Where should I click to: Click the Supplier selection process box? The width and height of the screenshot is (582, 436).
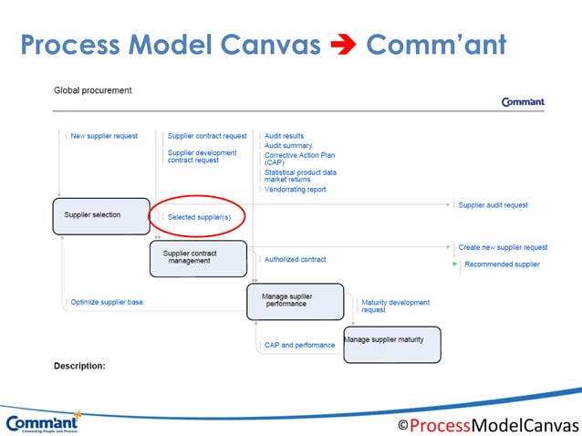pyautogui.click(x=99, y=215)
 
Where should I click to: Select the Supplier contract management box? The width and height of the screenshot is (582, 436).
pyautogui.click(x=198, y=258)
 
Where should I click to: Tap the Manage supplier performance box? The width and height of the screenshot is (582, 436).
pyautogui.click(x=295, y=301)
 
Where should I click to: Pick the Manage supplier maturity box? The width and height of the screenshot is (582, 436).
pyautogui.click(x=391, y=343)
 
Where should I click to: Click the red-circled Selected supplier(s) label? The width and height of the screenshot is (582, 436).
pyautogui.click(x=199, y=217)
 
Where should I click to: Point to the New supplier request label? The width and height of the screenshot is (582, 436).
pyautogui.click(x=104, y=136)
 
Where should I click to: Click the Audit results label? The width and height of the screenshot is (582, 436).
pyautogui.click(x=284, y=136)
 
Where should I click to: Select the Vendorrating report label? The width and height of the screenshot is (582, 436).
pyautogui.click(x=295, y=190)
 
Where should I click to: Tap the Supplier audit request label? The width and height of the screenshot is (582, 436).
pyautogui.click(x=493, y=205)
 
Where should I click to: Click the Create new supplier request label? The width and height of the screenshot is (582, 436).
pyautogui.click(x=503, y=247)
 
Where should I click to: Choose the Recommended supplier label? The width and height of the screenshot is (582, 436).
pyautogui.click(x=502, y=265)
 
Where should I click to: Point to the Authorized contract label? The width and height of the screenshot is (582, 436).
pyautogui.click(x=295, y=260)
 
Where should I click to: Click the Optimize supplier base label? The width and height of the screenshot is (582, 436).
pyautogui.click(x=106, y=302)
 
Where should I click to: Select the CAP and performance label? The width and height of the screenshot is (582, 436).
pyautogui.click(x=299, y=346)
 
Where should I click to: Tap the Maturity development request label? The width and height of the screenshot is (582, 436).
pyautogui.click(x=395, y=306)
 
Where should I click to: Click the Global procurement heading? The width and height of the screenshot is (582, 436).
pyautogui.click(x=92, y=90)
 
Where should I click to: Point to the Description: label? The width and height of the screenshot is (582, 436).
pyautogui.click(x=79, y=366)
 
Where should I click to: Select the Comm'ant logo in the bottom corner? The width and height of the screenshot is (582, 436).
pyautogui.click(x=43, y=423)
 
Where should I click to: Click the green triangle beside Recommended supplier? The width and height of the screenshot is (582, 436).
pyautogui.click(x=455, y=265)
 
